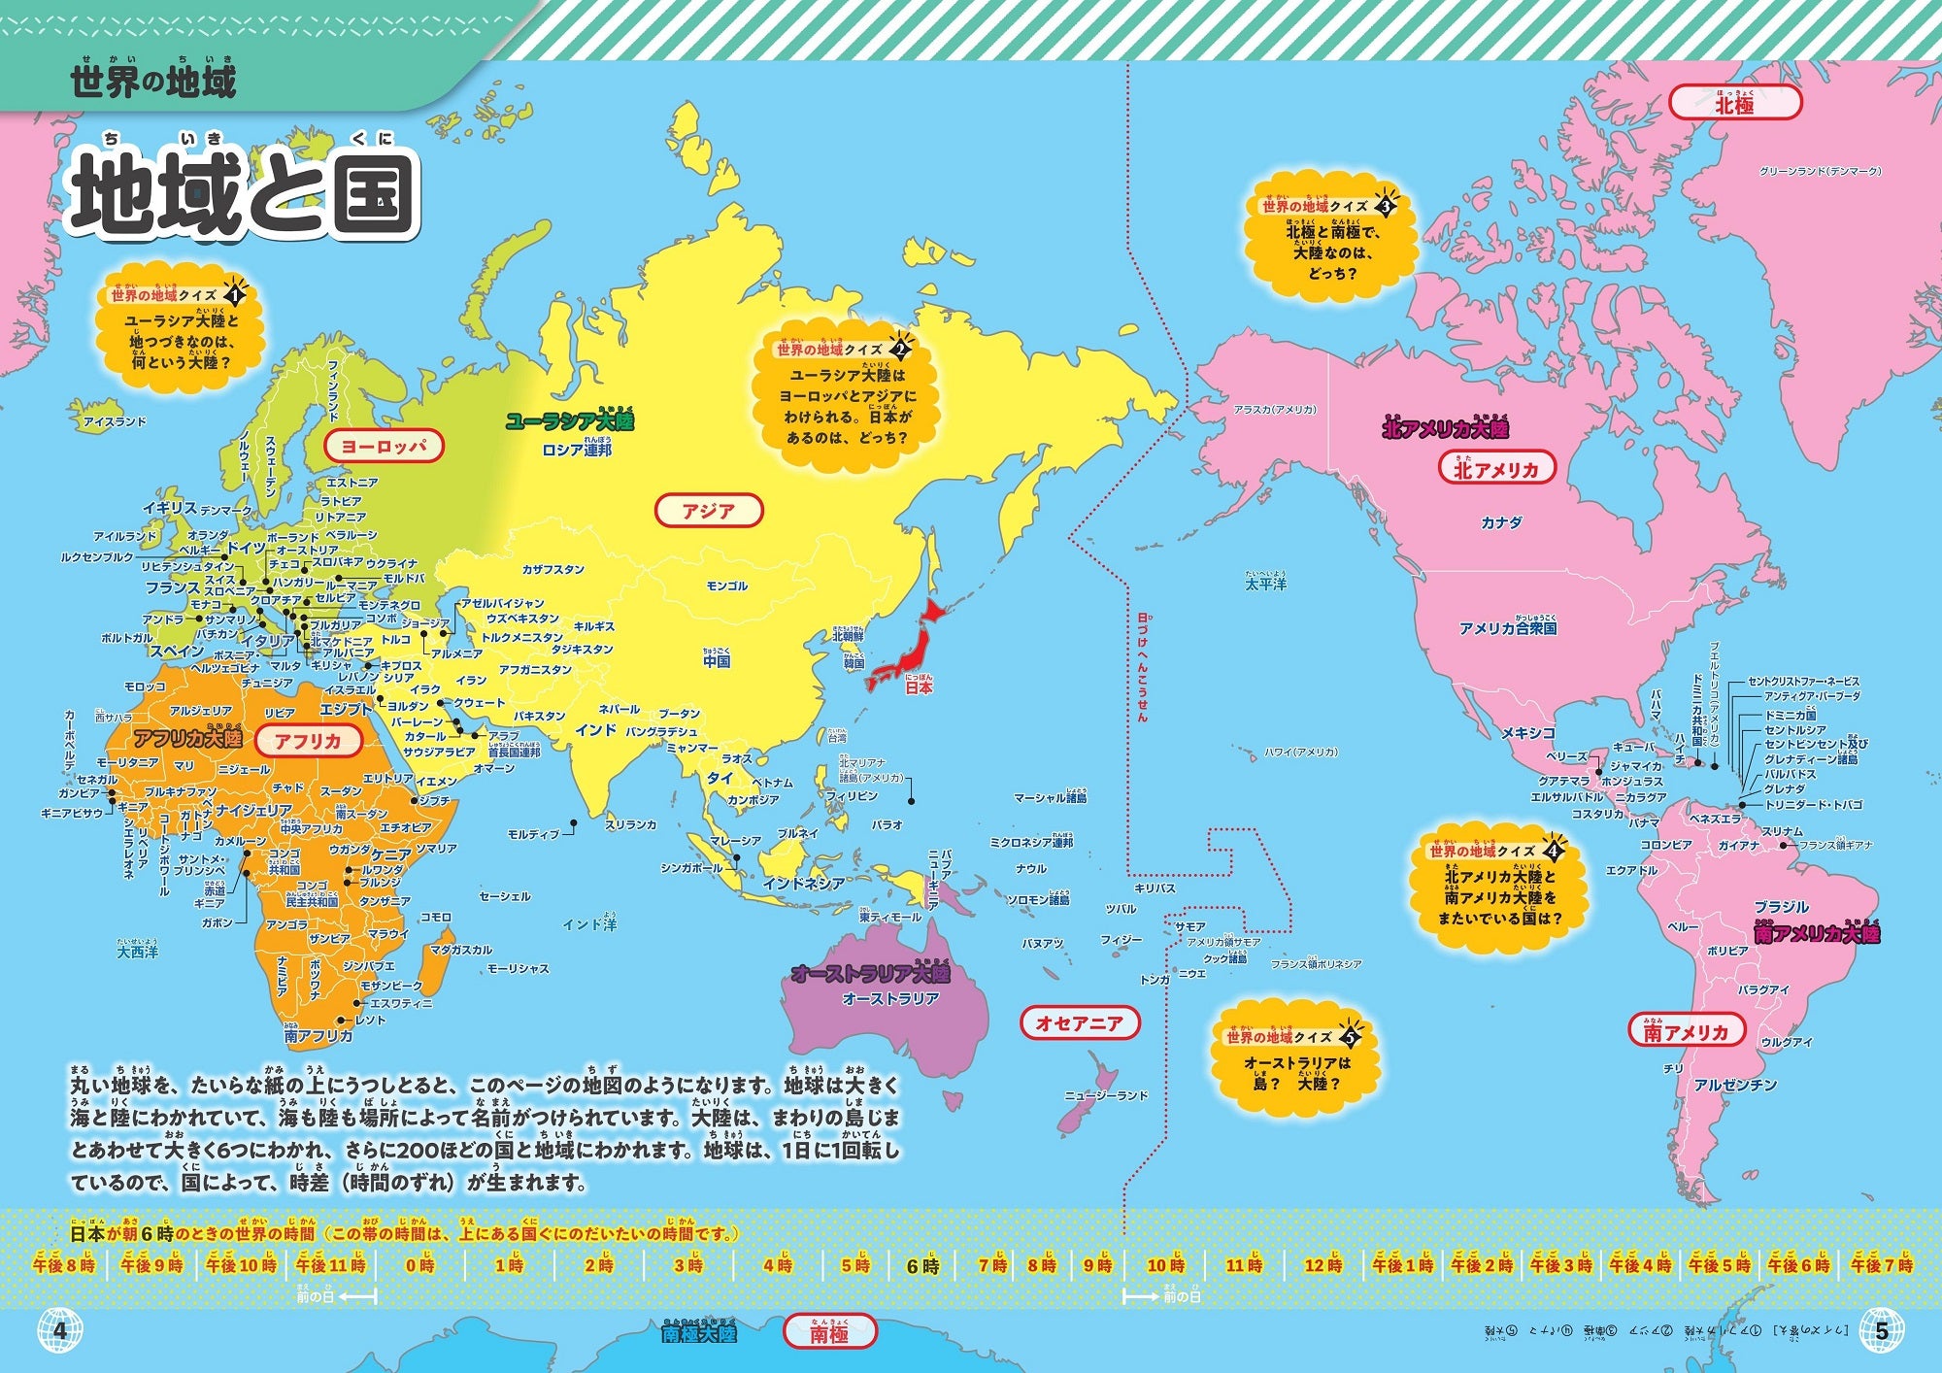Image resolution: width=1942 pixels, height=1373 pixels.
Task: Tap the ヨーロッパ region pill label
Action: click(385, 447)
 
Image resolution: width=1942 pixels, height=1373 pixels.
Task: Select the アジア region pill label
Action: click(709, 511)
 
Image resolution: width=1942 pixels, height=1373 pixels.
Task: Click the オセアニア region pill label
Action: click(1079, 1022)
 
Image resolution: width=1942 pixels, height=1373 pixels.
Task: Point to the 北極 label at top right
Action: click(1734, 103)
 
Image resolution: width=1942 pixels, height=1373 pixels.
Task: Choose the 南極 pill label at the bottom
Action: click(829, 1333)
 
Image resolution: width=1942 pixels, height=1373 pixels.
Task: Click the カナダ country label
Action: click(1501, 522)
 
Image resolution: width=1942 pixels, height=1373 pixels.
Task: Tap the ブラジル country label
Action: click(1781, 906)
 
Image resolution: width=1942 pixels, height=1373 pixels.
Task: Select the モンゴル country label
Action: click(727, 586)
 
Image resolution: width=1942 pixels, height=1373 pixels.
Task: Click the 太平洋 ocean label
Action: click(1266, 585)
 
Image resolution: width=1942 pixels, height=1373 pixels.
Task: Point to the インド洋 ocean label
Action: click(589, 924)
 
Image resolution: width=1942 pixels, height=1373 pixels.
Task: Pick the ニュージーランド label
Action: click(1106, 1095)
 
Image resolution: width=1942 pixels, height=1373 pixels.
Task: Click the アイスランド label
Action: click(115, 421)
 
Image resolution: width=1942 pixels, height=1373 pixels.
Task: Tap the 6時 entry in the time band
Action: click(922, 1266)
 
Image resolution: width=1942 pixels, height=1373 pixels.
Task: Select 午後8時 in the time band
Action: click(64, 1265)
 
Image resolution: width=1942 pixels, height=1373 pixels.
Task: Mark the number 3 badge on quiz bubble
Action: click(1386, 206)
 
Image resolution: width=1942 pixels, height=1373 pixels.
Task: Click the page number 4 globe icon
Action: click(59, 1330)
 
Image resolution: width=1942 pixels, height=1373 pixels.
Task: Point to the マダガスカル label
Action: click(460, 950)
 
